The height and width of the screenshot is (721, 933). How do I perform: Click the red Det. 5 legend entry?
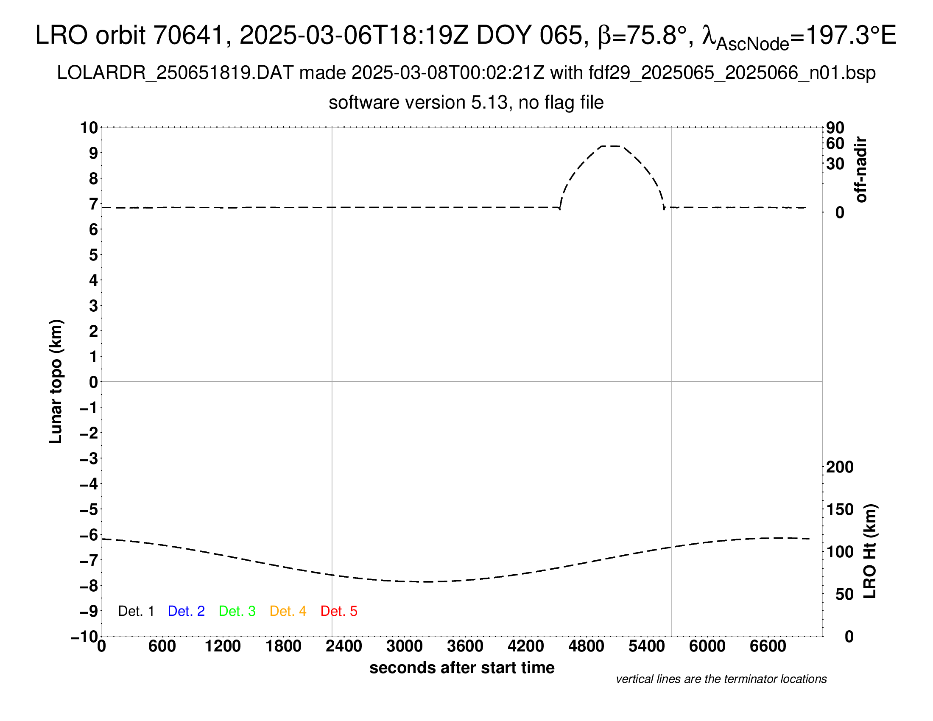(339, 611)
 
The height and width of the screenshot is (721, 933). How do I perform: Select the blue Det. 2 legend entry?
(186, 611)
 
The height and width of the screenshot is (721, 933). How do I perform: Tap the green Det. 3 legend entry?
(237, 611)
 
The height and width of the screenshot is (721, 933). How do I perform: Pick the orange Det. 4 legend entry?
(288, 611)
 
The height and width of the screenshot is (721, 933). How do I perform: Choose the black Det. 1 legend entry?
(136, 611)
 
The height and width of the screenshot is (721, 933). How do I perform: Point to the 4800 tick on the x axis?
(586, 646)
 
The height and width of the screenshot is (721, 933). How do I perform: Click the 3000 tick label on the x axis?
(404, 646)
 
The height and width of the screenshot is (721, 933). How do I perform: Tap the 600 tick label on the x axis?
(162, 646)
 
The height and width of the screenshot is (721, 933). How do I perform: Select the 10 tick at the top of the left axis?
(89, 127)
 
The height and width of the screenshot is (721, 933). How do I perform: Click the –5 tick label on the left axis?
(89, 509)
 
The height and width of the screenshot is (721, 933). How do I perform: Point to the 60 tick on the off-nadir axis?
(835, 143)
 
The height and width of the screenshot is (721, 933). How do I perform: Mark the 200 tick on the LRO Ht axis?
(840, 467)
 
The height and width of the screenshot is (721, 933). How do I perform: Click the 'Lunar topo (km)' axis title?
(56, 381)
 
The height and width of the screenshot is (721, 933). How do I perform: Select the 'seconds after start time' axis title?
(462, 668)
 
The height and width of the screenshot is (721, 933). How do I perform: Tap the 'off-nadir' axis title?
(861, 170)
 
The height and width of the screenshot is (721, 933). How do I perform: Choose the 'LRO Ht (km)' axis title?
(870, 551)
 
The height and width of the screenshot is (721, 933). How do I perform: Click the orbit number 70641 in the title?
(188, 35)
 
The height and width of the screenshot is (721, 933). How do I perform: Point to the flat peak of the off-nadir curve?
(611, 146)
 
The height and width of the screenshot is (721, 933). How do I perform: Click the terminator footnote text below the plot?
(721, 679)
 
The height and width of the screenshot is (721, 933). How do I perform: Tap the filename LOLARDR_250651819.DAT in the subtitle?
(175, 73)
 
